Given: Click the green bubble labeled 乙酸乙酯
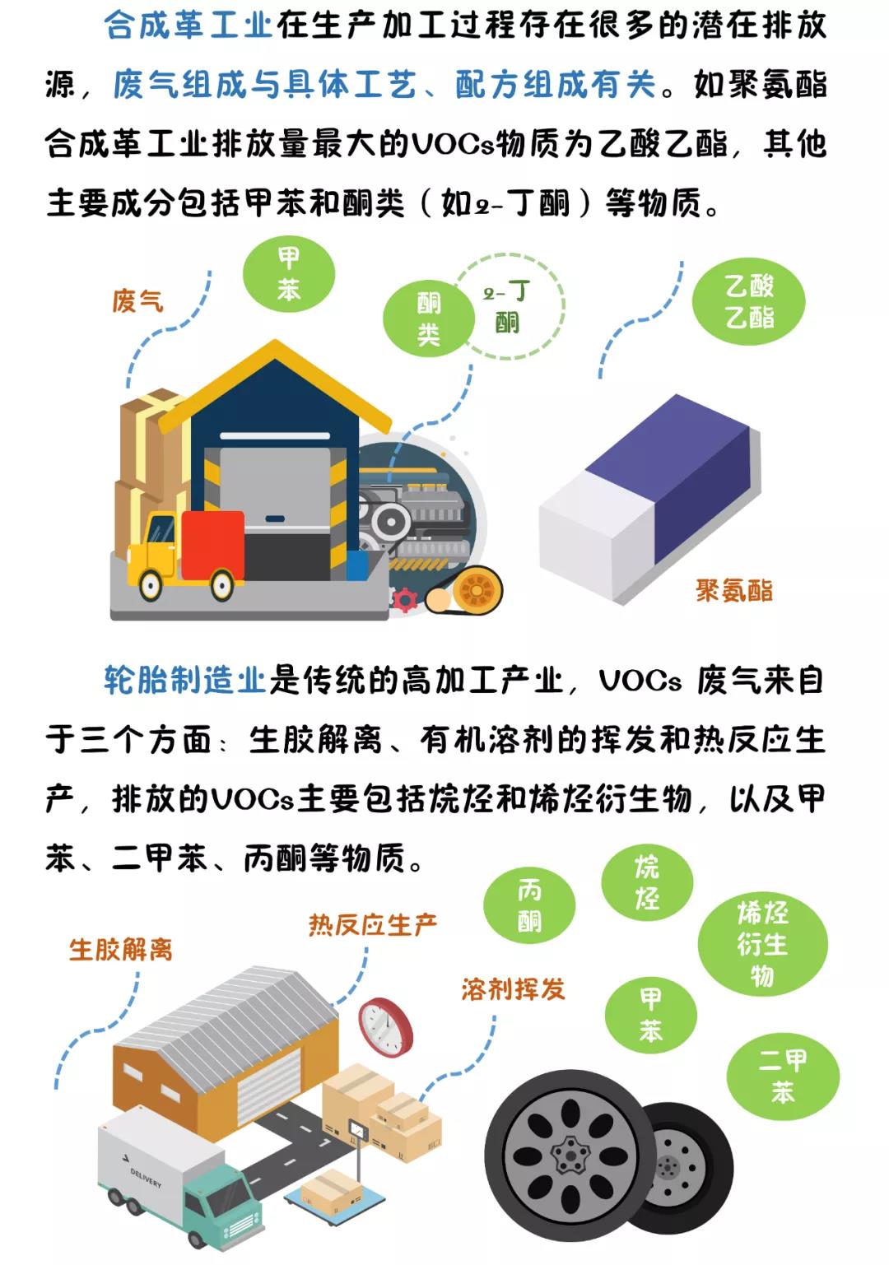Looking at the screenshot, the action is pos(748,302).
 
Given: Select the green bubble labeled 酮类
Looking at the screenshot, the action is pos(429,319).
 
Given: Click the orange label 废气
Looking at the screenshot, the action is pos(137,300).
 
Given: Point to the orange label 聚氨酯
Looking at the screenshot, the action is pos(733,591).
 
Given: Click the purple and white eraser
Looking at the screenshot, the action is pos(649,500).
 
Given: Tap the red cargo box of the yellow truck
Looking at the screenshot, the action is pos(213,546).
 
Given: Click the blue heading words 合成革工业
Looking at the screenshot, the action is pos(189,26).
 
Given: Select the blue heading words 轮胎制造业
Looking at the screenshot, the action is pos(184,680).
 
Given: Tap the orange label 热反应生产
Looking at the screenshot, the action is pos(373,924).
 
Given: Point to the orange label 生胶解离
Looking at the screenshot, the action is pos(121,949).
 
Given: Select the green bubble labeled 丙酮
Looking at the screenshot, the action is pos(529,906).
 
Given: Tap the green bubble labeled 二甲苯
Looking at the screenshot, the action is pos(782,1077).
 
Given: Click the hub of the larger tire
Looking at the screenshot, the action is pos(570,1149).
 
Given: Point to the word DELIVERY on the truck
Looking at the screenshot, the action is pos(147,1178).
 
